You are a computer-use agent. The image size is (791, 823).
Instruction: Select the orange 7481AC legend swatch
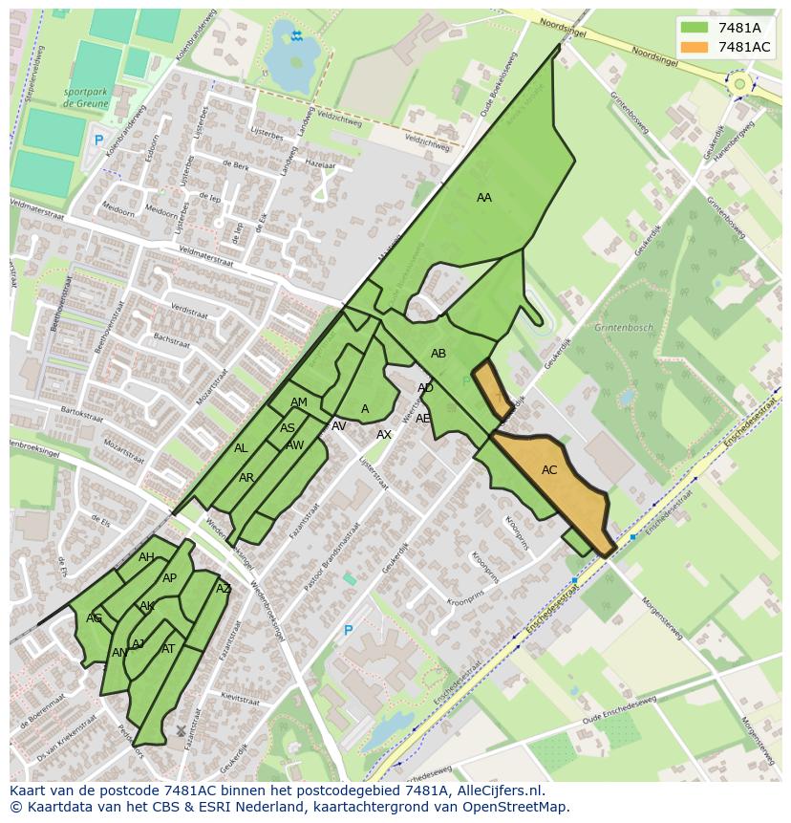point(695,47)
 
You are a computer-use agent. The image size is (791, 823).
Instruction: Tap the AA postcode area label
point(484,198)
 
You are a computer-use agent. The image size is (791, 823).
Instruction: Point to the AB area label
point(438,354)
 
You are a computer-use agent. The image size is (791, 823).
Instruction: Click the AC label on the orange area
point(549,470)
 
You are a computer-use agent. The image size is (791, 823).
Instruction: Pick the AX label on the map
point(384,435)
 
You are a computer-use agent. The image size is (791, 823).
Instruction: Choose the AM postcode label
point(299,402)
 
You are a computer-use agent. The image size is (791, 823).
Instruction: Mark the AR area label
point(246,478)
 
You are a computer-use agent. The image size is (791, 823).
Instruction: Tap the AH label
point(146,557)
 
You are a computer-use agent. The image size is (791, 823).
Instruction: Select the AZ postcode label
point(224,589)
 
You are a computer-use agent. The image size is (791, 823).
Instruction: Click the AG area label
point(94,618)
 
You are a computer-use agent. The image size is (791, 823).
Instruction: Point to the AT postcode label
point(168,649)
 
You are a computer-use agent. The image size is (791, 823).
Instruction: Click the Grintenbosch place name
point(624,328)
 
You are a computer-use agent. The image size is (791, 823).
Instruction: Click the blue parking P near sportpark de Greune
point(97,141)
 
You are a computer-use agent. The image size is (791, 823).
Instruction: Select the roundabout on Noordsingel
point(738,84)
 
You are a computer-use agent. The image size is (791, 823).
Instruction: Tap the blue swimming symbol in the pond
point(297,36)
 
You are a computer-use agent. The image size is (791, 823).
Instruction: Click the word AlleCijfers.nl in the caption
point(498,791)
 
